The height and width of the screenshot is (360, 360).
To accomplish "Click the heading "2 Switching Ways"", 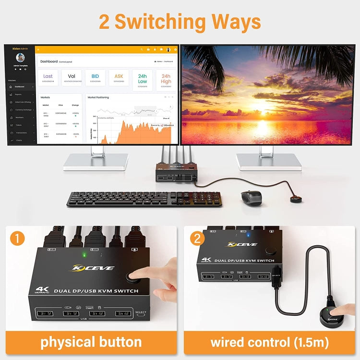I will click(x=180, y=22).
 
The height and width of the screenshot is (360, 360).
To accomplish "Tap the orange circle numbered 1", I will click(x=17, y=238).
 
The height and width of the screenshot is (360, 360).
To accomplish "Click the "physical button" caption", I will click(x=91, y=342).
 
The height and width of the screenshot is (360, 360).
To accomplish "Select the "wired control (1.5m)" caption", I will click(x=269, y=342).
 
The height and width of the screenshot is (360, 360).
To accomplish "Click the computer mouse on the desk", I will click(x=251, y=196).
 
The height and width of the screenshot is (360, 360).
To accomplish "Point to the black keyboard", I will click(x=144, y=199).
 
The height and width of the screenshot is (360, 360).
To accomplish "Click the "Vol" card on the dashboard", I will click(x=72, y=78).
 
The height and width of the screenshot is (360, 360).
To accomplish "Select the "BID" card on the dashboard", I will click(x=95, y=78).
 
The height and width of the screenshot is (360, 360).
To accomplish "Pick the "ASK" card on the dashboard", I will click(x=119, y=78).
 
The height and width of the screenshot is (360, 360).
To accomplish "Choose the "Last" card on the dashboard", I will click(x=48, y=78).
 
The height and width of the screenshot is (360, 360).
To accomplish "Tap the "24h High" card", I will click(x=166, y=80).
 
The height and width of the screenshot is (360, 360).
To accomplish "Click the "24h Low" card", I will click(x=143, y=80).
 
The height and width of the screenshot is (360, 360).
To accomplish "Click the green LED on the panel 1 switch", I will click(x=85, y=254).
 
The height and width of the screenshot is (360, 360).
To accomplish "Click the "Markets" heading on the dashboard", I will click(x=46, y=97).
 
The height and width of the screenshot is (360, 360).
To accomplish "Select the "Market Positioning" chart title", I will click(x=98, y=97).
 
